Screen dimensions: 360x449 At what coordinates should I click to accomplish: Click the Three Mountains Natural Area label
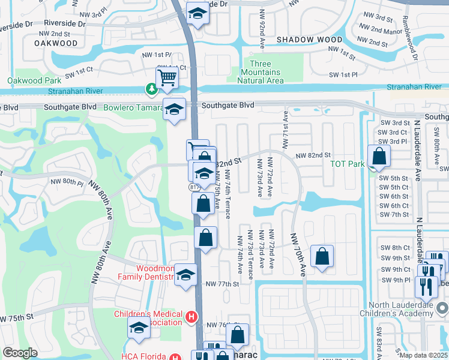pyautogui.click(x=260, y=72)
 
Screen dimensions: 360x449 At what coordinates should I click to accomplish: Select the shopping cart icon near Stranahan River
pyautogui.click(x=167, y=77)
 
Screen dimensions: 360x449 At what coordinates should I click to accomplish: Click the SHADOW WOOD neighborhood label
pyautogui.click(x=309, y=40)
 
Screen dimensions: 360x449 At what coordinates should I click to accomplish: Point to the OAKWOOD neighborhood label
pyautogui.click(x=56, y=43)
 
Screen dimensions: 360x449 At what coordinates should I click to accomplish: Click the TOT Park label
pyautogui.click(x=347, y=163)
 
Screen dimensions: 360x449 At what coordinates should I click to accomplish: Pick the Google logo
pyautogui.click(x=20, y=353)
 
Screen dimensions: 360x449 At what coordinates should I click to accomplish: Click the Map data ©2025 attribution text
pyautogui.click(x=424, y=355)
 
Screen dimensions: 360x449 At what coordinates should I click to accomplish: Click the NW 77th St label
pyautogui.click(x=222, y=284)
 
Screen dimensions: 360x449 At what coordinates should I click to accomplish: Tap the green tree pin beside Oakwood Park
pyautogui.click(x=150, y=89)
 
